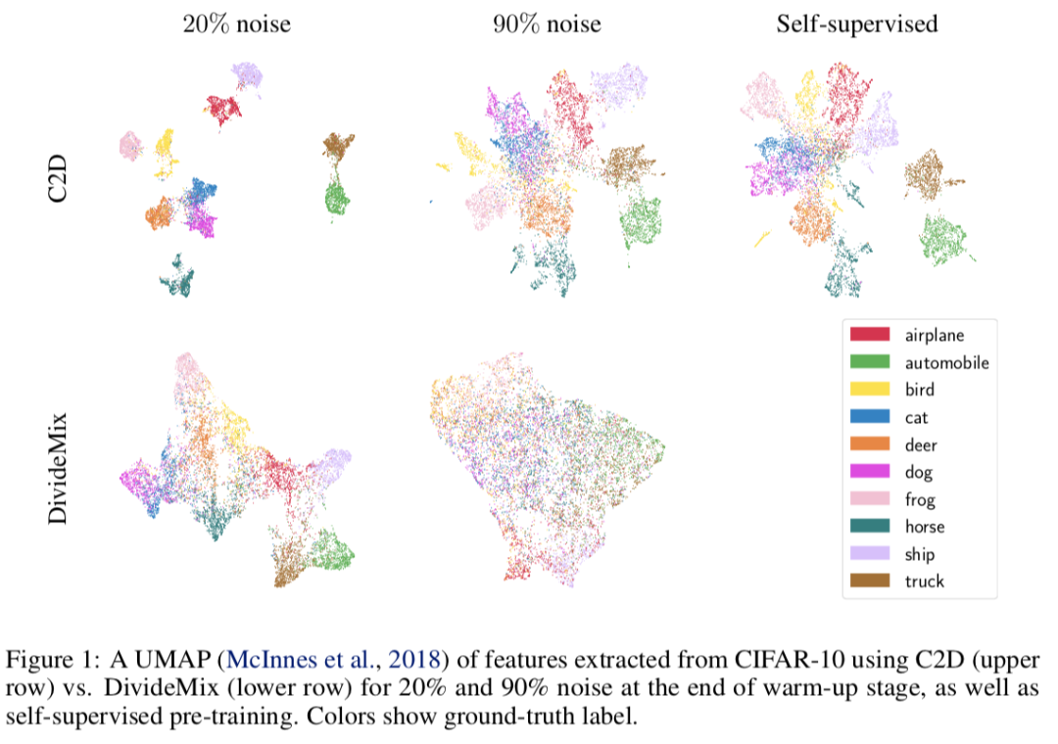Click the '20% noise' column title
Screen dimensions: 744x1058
click(236, 23)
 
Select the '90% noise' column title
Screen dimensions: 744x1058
click(547, 23)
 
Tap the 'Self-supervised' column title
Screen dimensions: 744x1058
click(857, 23)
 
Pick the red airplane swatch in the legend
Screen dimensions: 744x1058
click(870, 335)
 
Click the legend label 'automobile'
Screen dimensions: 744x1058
click(946, 362)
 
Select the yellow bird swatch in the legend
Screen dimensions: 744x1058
click(870, 390)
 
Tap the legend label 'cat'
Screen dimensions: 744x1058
click(917, 417)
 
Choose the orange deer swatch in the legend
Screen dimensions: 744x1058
click(870, 444)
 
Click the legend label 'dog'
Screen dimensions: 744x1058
click(919, 472)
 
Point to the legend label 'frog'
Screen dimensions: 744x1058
click(920, 499)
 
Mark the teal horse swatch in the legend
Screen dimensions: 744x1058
click(870, 527)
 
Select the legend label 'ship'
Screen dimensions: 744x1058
click(920, 554)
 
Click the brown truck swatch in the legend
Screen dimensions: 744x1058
click(870, 581)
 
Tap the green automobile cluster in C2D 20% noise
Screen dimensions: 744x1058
click(337, 201)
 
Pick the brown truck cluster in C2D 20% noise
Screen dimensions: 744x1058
click(338, 148)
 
